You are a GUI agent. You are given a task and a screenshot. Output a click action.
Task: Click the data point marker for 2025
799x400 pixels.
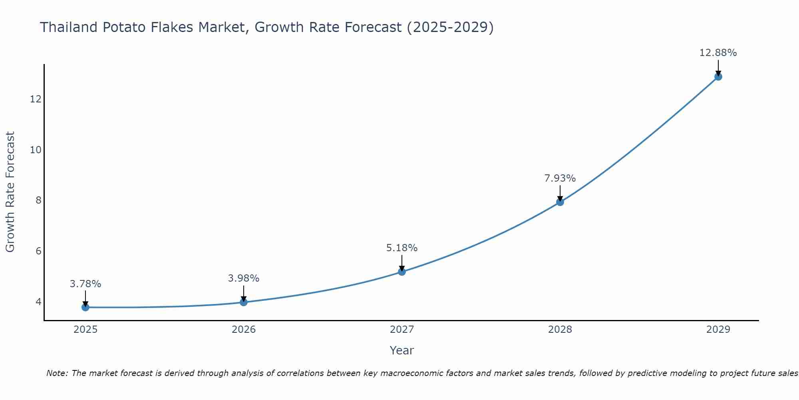85,307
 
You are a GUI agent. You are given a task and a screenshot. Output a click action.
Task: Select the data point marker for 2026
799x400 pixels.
243,302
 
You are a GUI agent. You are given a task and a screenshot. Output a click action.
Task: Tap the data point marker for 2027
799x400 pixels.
401,272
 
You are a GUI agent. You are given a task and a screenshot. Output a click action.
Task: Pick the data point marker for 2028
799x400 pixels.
560,202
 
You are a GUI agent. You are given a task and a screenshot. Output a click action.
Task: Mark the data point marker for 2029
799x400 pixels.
718,76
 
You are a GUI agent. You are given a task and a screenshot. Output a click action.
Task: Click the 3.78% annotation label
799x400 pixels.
85,284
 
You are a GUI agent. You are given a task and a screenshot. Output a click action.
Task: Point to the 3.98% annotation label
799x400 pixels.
243,278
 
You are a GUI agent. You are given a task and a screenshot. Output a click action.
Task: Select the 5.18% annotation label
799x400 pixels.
401,248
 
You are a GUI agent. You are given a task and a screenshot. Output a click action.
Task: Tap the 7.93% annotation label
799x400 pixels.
560,178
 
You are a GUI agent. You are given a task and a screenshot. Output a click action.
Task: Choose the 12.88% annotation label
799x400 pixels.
718,53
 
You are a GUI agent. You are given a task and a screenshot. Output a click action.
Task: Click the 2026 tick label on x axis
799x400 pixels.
243,330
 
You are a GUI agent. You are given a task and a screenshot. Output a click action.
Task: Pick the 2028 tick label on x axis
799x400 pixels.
560,330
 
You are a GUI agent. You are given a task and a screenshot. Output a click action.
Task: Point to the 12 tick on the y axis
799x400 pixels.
36,99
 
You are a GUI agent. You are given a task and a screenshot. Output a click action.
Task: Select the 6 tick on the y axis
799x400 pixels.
38,251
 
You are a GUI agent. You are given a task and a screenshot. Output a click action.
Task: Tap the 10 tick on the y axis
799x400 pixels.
36,150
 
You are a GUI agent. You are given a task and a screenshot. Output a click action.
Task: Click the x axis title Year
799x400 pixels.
401,350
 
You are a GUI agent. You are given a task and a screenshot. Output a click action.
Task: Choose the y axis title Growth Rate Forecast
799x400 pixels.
10,192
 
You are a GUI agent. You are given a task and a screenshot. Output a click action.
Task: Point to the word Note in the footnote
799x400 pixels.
58,373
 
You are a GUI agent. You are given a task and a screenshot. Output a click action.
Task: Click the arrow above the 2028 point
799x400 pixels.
560,193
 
